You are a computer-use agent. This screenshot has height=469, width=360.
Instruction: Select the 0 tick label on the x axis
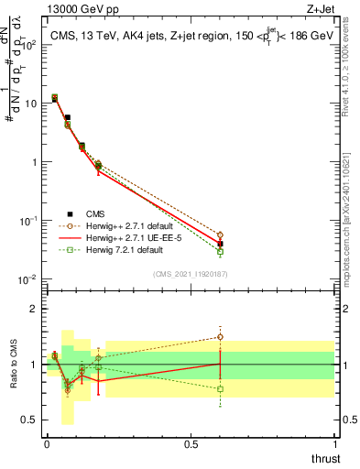tap(47, 444)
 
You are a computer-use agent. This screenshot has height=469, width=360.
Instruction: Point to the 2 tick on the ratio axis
tap(33, 309)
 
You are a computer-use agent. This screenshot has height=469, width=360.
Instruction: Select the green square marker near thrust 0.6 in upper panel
tap(220, 251)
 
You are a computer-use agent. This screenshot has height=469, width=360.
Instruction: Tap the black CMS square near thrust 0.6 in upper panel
tap(220, 244)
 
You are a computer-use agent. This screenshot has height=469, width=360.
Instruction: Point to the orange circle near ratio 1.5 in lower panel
tap(220, 337)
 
